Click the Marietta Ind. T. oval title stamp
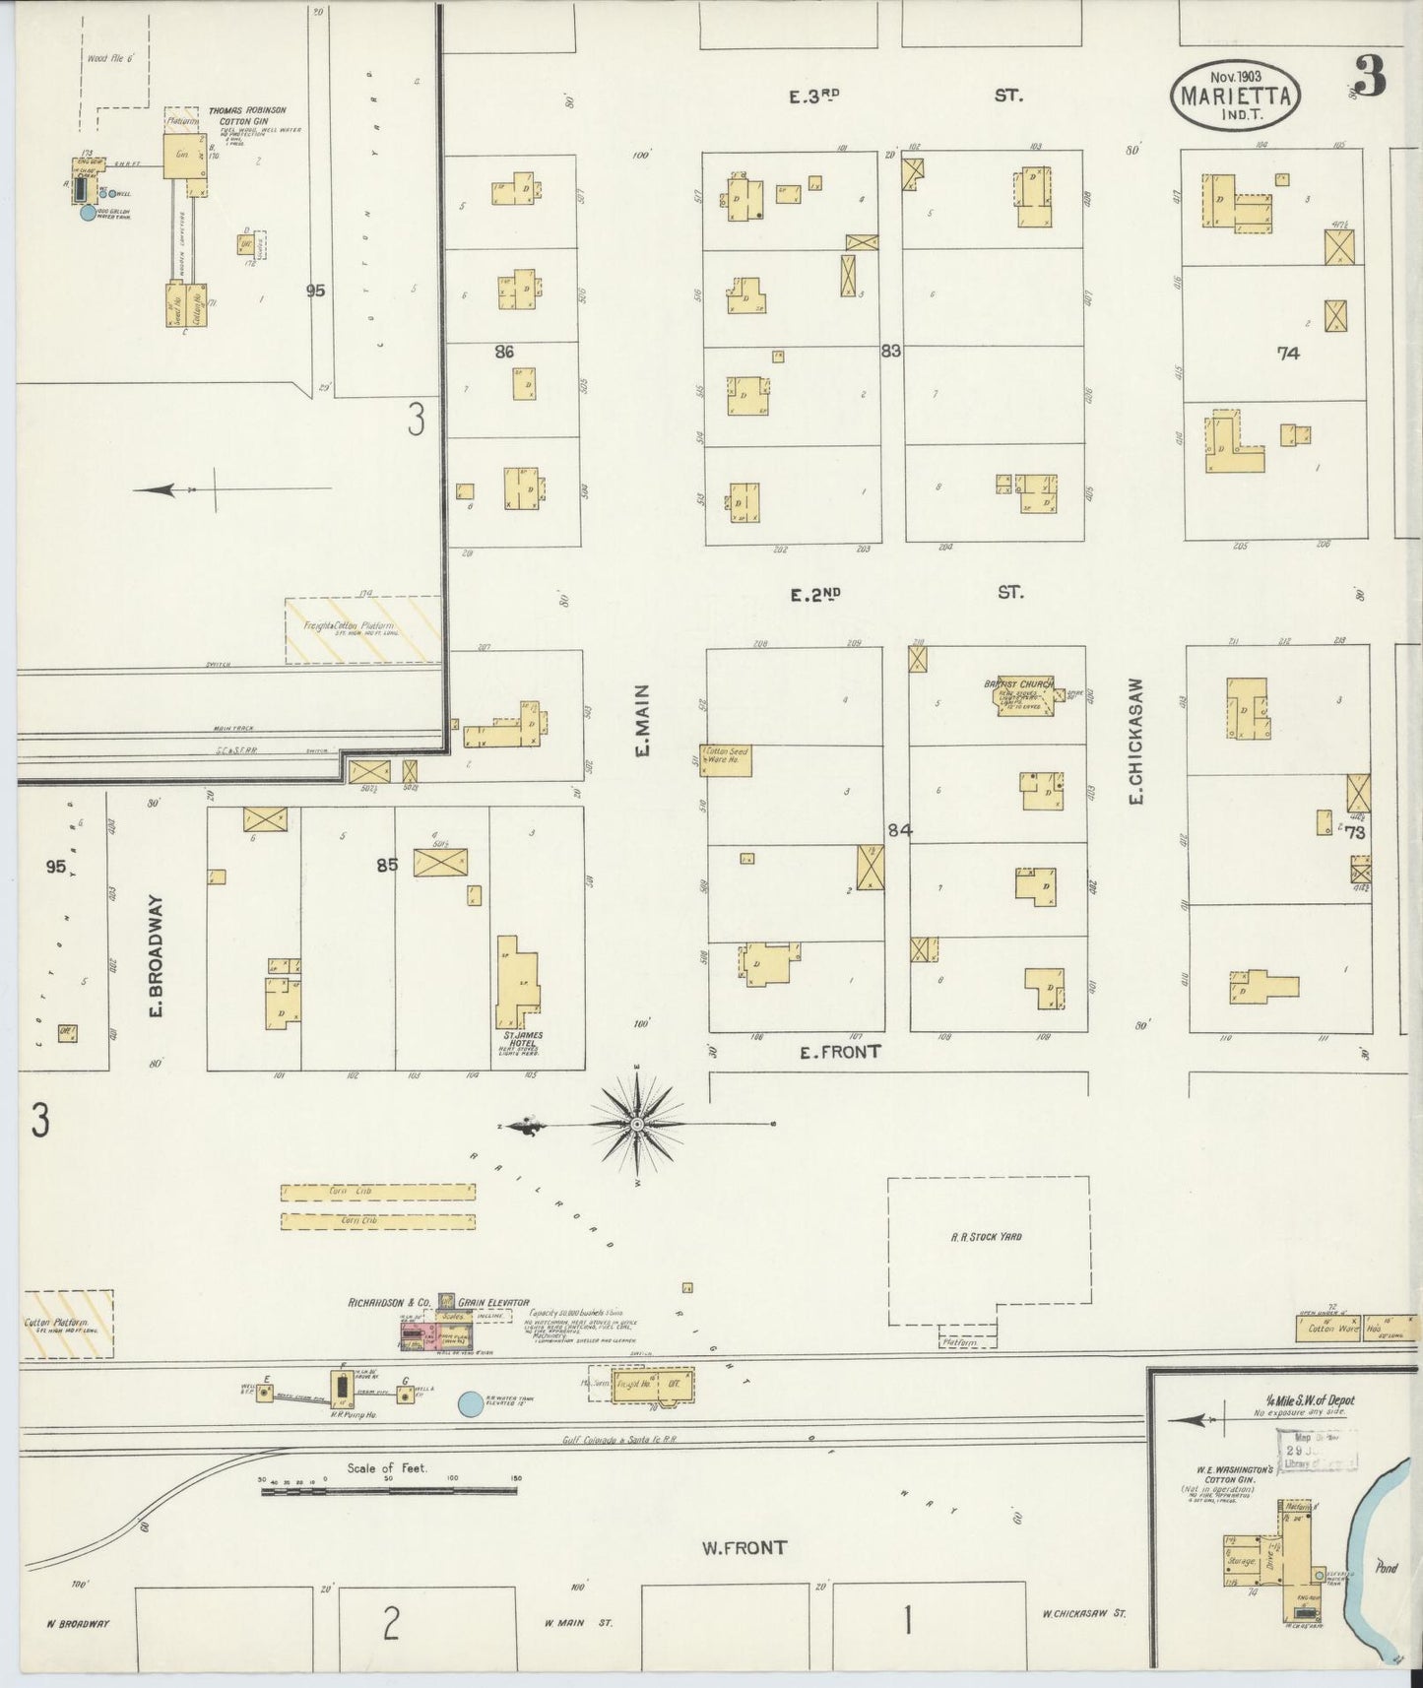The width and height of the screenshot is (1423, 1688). pyautogui.click(x=1236, y=92)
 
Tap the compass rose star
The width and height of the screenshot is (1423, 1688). pyautogui.click(x=636, y=1124)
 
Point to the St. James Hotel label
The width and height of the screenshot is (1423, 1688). pyautogui.click(x=518, y=1039)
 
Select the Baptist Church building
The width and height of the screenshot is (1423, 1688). pyautogui.click(x=1025, y=696)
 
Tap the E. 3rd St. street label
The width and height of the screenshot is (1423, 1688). pyautogui.click(x=907, y=96)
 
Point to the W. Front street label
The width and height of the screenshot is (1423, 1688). pyautogui.click(x=744, y=1547)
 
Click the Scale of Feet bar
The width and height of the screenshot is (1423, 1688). pyautogui.click(x=389, y=1491)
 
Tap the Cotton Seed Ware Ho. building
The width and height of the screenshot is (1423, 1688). pyautogui.click(x=726, y=758)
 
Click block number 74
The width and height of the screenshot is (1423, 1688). pyautogui.click(x=1287, y=354)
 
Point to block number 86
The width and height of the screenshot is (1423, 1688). pyautogui.click(x=504, y=352)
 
